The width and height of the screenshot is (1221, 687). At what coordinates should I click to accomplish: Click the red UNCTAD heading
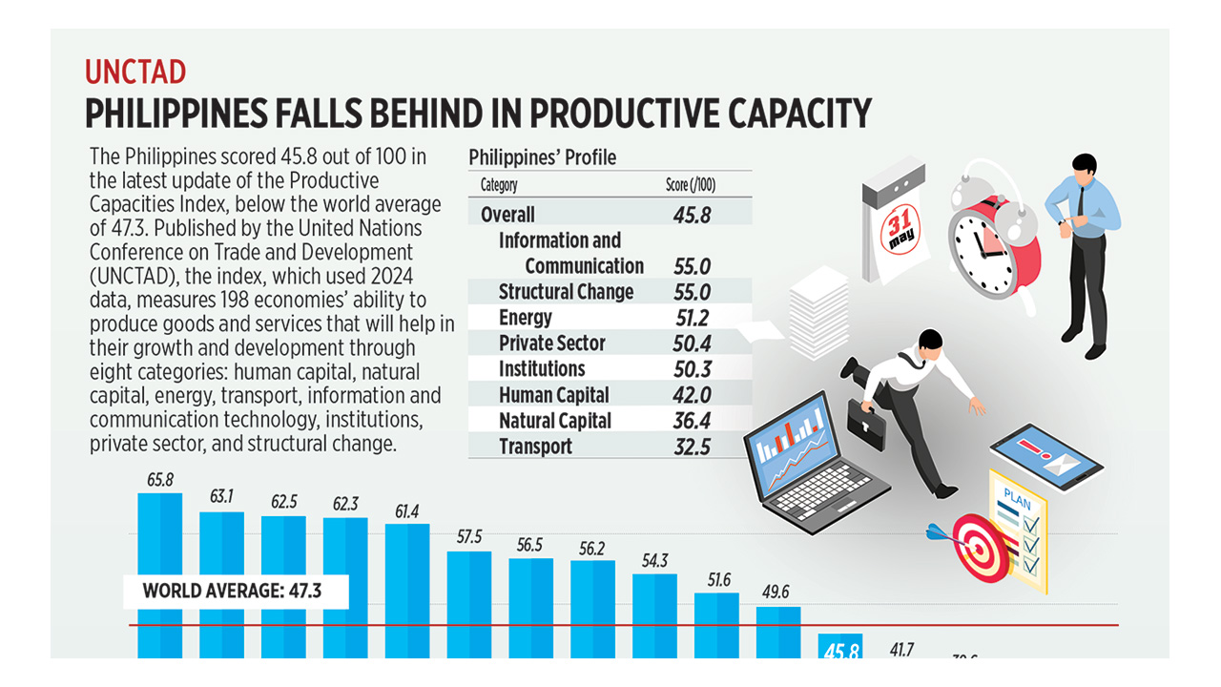[x=135, y=73]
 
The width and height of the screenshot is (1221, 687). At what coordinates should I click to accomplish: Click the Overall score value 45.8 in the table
[x=692, y=215]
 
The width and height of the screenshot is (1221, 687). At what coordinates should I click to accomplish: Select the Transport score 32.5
[x=692, y=447]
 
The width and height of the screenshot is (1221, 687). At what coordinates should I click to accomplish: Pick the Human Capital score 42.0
[x=692, y=395]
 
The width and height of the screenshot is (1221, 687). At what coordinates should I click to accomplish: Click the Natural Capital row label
[x=555, y=421]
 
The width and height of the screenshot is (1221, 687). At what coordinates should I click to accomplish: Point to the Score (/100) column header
[x=691, y=185]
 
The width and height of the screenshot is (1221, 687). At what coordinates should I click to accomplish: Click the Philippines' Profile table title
[x=543, y=156]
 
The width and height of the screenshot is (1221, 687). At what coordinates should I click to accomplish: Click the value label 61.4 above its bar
[x=406, y=511]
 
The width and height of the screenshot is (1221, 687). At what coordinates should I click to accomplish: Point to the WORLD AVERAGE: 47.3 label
[x=232, y=591]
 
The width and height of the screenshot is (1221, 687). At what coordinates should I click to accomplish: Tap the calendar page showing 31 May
[x=898, y=229]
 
